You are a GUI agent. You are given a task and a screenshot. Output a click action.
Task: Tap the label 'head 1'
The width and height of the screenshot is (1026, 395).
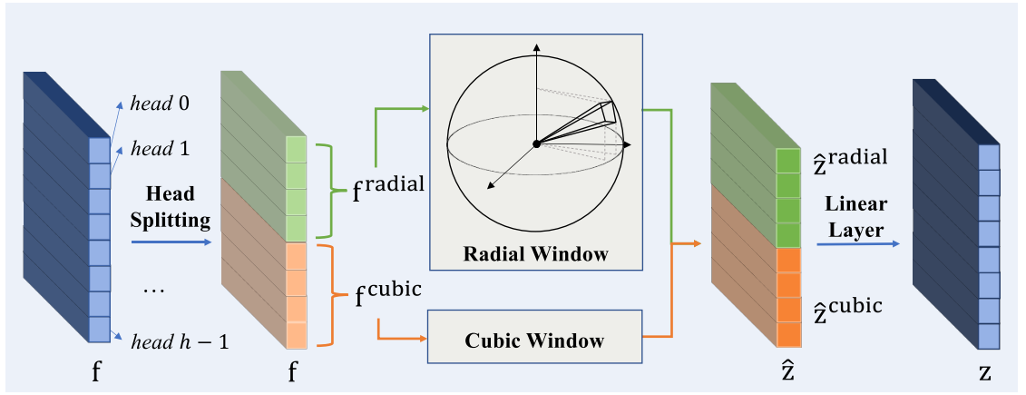(x=161, y=149)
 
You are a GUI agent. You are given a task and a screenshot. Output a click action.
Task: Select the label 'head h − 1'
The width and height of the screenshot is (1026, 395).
(x=180, y=341)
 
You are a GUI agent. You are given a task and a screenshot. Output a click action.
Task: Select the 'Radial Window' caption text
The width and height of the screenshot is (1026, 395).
(x=536, y=253)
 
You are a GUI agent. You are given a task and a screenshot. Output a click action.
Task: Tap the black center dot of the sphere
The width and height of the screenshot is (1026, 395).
(x=536, y=143)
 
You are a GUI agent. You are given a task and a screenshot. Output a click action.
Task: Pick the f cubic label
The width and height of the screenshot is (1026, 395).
(x=386, y=296)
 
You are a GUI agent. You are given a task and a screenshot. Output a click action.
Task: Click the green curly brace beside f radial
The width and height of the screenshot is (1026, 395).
(x=331, y=191)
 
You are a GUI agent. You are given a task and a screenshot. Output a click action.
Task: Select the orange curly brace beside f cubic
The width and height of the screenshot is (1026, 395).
(x=331, y=296)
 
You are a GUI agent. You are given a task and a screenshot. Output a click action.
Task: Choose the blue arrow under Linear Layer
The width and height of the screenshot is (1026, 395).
(x=858, y=243)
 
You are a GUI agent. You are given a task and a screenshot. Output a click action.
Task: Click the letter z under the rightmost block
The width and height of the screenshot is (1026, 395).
(x=985, y=373)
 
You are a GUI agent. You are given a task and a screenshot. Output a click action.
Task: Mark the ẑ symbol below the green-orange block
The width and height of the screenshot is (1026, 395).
(x=788, y=370)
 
